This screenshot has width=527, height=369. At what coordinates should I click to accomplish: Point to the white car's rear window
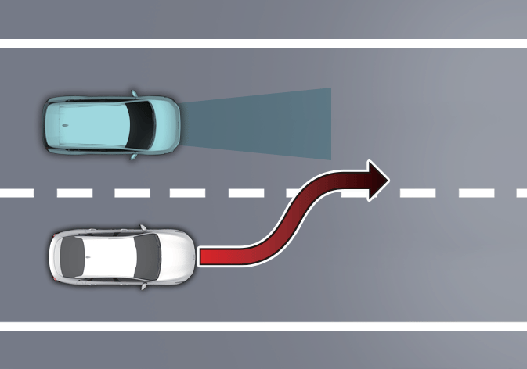pyautogui.click(x=70, y=256)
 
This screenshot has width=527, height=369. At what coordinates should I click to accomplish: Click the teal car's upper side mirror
pyautogui.click(x=135, y=93)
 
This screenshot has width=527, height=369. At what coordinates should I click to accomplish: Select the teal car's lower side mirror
pyautogui.click(x=135, y=156)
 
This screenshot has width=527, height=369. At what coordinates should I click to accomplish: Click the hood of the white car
pyautogui.click(x=177, y=257)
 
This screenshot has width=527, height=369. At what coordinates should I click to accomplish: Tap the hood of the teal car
pyautogui.click(x=167, y=124)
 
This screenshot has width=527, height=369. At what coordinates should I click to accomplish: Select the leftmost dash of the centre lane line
pyautogui.click(x=15, y=192)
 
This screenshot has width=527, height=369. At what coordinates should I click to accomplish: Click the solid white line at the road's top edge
pyautogui.click(x=263, y=43)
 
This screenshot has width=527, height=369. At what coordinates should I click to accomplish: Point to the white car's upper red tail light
pyautogui.click(x=56, y=237)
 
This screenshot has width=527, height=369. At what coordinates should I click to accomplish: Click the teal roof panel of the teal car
pyautogui.click(x=94, y=124)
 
